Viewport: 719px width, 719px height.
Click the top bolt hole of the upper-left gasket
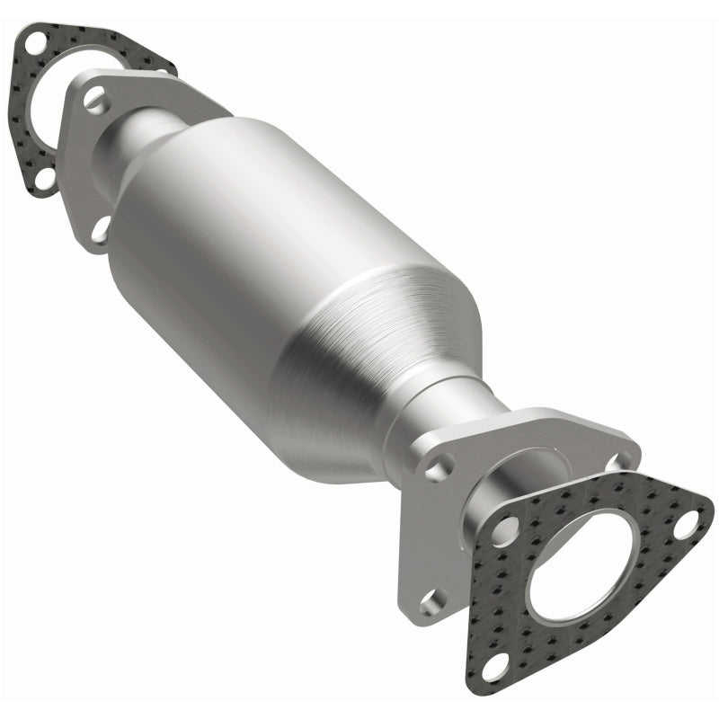tap(35, 42)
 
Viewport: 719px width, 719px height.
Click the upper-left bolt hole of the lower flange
tap(436, 467)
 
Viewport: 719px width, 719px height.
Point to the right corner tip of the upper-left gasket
tap(171, 65)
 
